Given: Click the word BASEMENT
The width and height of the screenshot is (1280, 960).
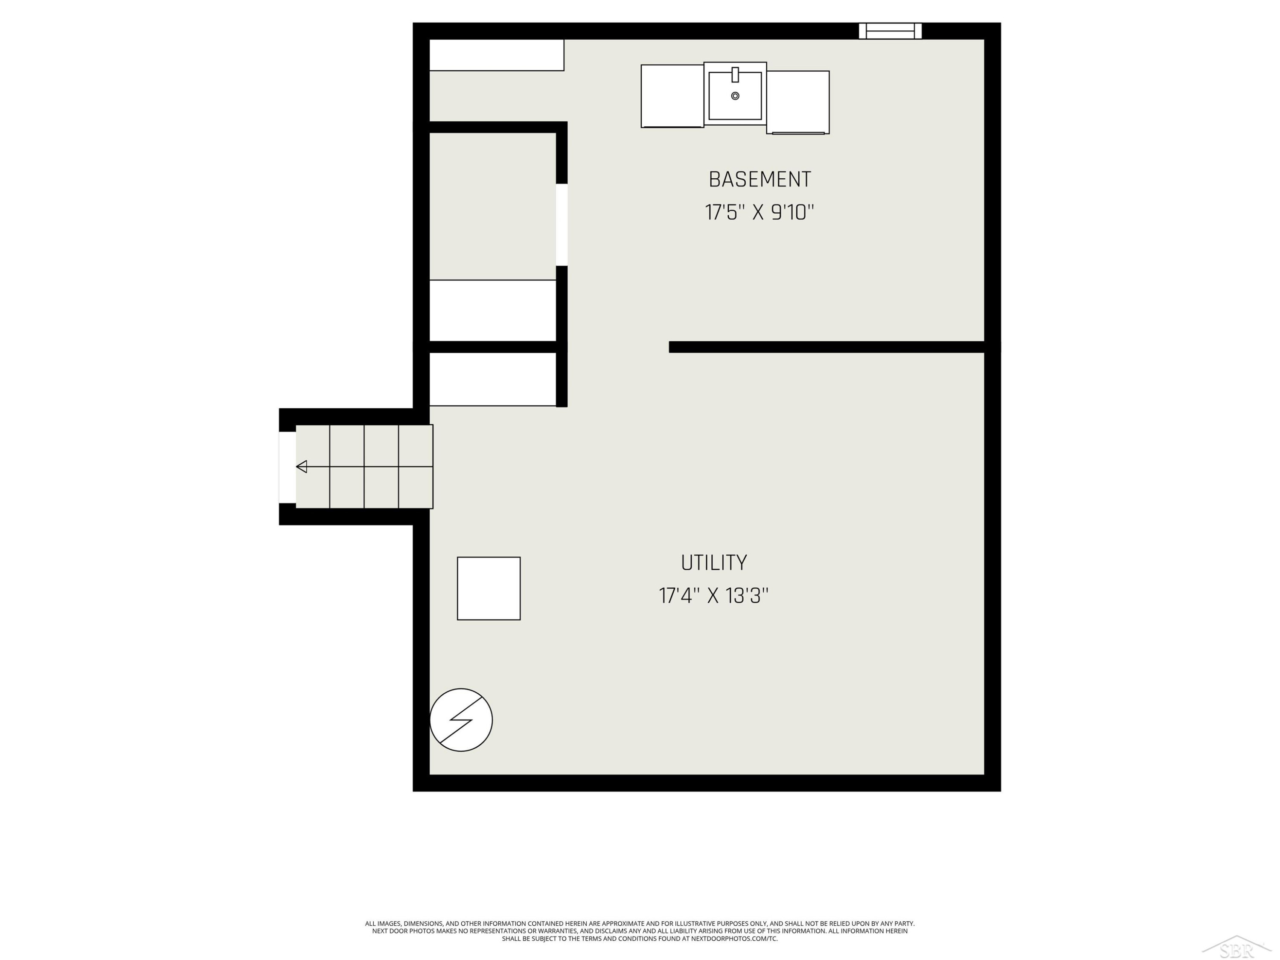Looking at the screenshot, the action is click(760, 179).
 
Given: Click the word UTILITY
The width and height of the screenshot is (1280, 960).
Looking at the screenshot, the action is click(713, 562).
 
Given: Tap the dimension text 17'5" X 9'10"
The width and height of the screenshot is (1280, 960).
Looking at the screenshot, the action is click(759, 212).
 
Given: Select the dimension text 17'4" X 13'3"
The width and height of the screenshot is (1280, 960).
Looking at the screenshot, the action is click(713, 596).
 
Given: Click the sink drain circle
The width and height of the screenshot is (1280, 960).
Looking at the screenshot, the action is click(735, 96).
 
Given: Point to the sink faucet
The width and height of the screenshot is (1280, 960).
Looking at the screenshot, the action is click(735, 75).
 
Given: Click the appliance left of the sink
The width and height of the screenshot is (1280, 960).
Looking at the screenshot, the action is click(672, 96).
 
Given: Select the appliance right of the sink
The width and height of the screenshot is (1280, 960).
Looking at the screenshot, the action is click(798, 102).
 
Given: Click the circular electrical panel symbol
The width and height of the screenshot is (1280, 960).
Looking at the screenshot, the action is click(461, 720).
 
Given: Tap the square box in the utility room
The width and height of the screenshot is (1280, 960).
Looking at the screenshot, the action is click(489, 588).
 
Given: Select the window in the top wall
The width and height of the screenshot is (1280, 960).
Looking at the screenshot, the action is click(890, 31).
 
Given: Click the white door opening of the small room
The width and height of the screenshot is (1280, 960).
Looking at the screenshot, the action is click(562, 224).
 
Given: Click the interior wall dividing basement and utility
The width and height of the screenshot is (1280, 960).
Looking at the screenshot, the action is click(827, 346).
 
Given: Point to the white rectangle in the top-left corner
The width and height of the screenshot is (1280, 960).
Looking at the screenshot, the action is click(497, 55).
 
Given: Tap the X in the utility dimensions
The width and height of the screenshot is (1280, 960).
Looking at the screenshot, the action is click(713, 596).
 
